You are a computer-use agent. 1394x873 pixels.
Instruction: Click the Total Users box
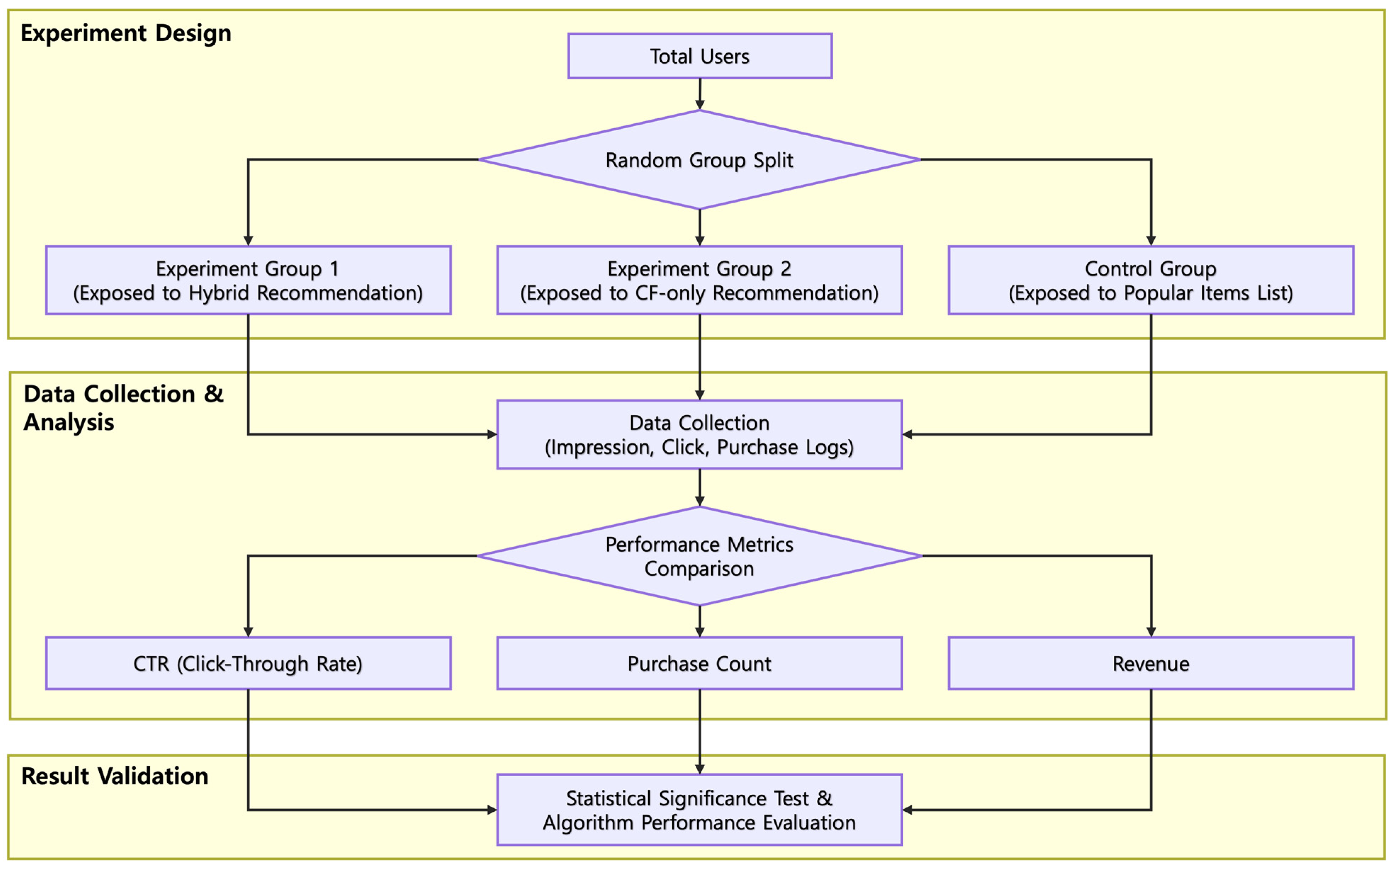(700, 56)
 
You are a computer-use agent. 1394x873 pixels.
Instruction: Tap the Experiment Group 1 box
(248, 281)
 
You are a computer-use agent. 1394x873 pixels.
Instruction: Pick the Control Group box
(1150, 281)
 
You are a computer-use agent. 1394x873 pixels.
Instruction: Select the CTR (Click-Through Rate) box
(248, 663)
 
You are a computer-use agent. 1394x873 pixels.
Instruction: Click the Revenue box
(1150, 663)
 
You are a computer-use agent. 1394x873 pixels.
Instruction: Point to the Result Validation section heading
(114, 776)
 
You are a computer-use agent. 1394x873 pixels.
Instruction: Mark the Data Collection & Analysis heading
(123, 408)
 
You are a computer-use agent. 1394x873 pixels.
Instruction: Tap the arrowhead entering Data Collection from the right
(907, 434)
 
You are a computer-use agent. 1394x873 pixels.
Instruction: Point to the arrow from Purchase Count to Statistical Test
(700, 730)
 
